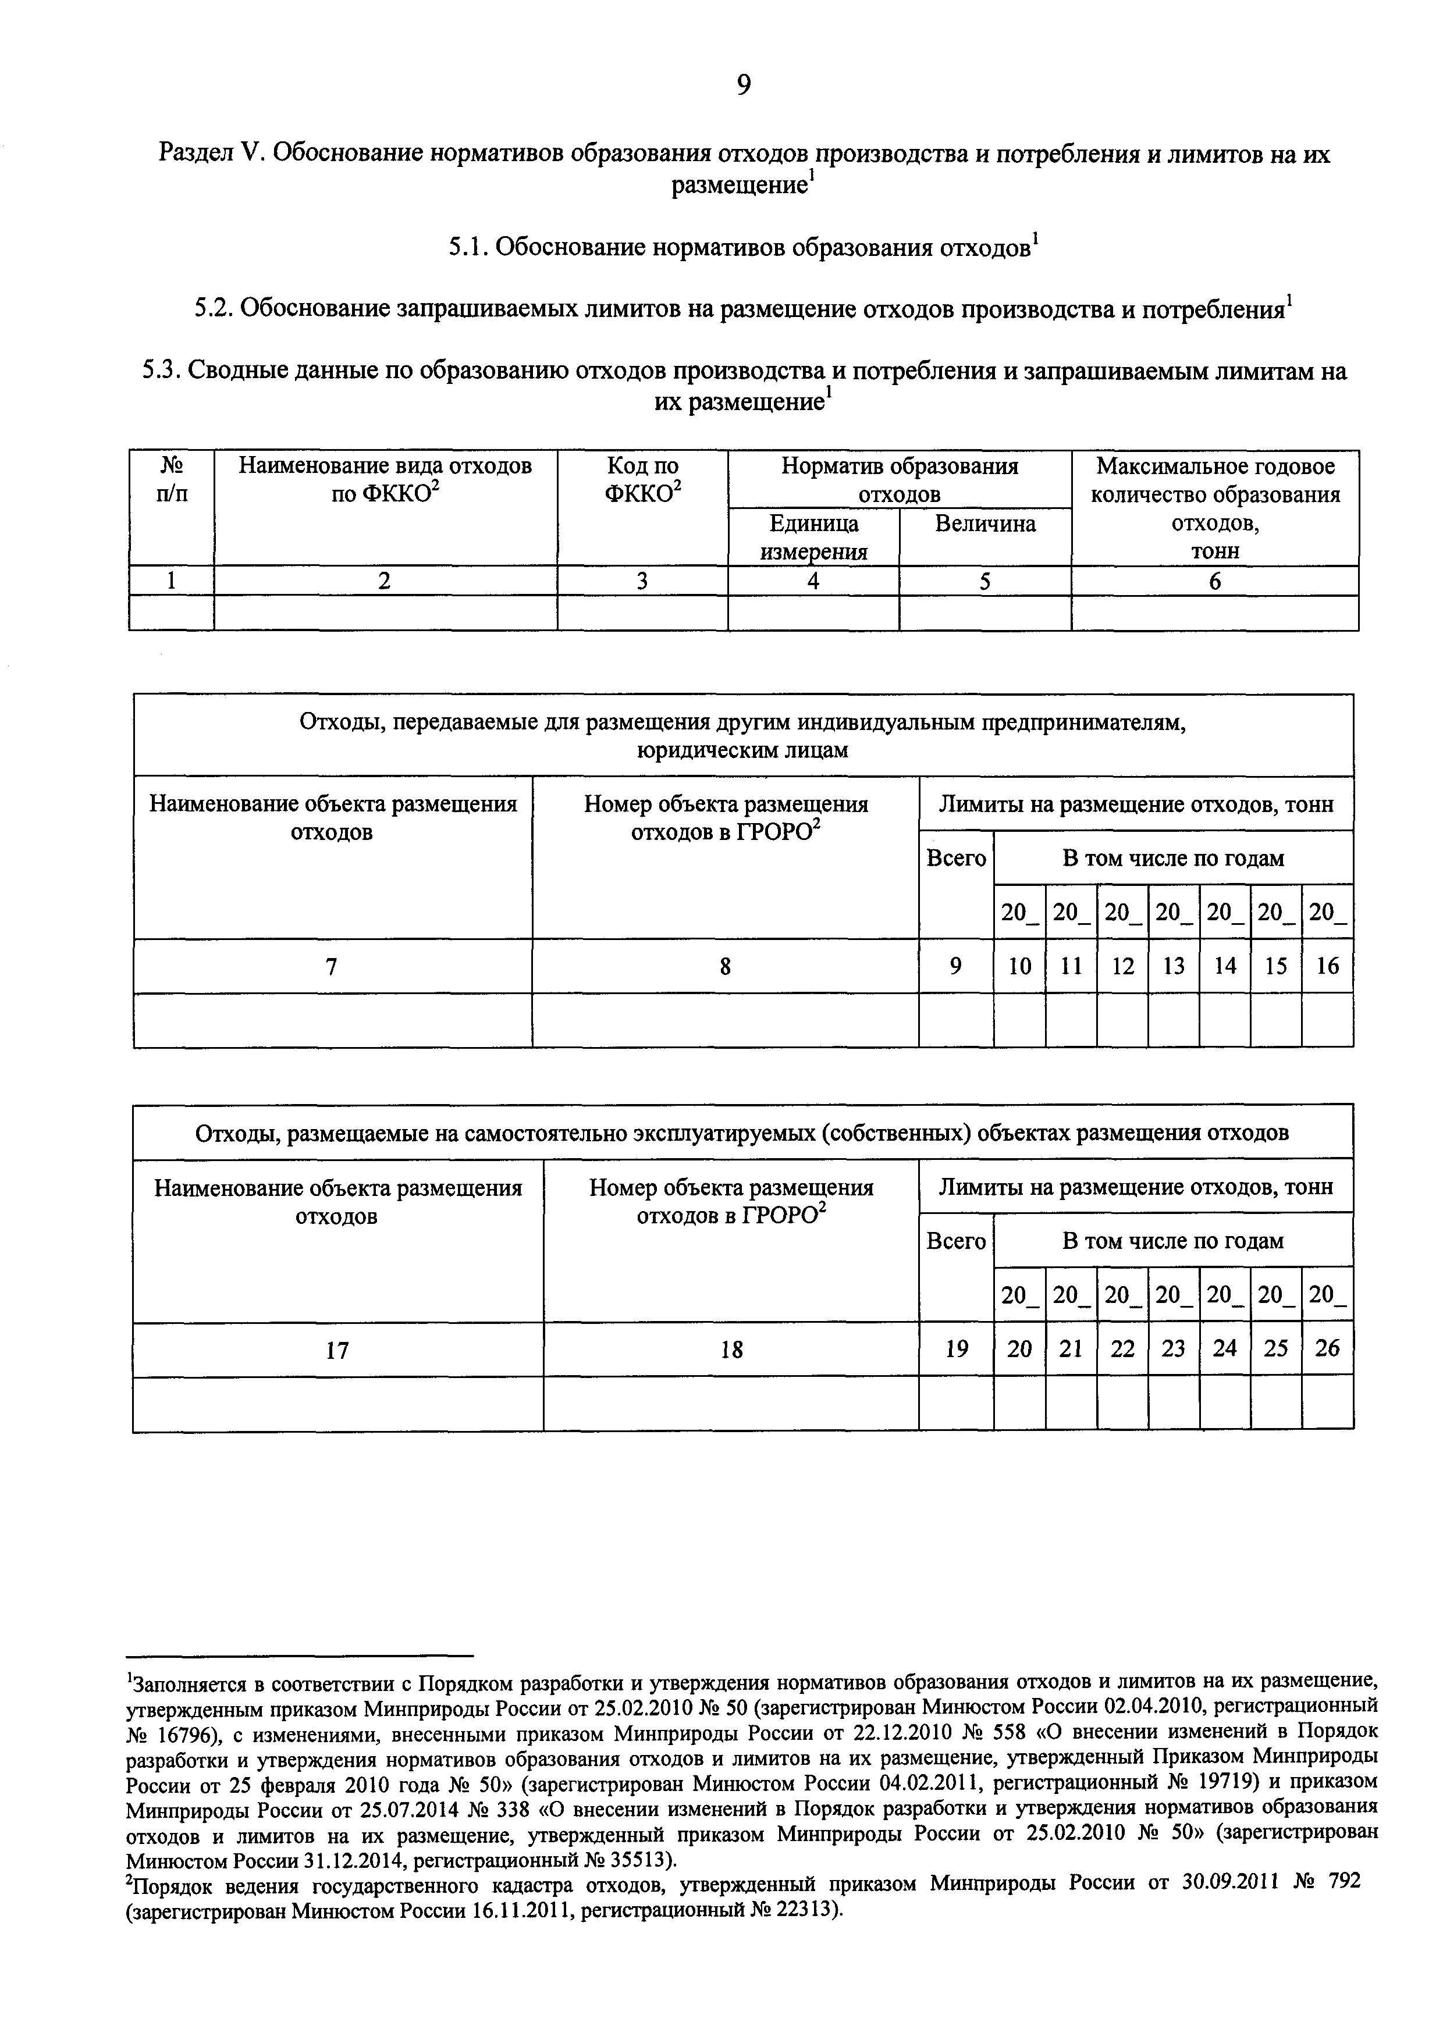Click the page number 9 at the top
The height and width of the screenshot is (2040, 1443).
pyautogui.click(x=743, y=84)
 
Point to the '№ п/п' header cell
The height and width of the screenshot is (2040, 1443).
pyautogui.click(x=172, y=480)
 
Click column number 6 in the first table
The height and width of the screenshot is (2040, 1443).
pyautogui.click(x=1215, y=581)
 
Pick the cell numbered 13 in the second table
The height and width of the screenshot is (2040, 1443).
pyautogui.click(x=1173, y=966)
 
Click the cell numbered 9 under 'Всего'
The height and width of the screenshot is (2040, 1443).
pyautogui.click(x=955, y=966)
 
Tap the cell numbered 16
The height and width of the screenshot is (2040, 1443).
pyautogui.click(x=1327, y=966)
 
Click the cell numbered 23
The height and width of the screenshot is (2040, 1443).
pyautogui.click(x=1173, y=1350)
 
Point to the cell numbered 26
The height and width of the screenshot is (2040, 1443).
pyautogui.click(x=1327, y=1350)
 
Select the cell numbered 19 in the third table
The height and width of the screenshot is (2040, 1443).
pyautogui.click(x=955, y=1350)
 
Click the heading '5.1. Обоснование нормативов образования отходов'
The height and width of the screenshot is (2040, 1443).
pyautogui.click(x=743, y=248)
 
